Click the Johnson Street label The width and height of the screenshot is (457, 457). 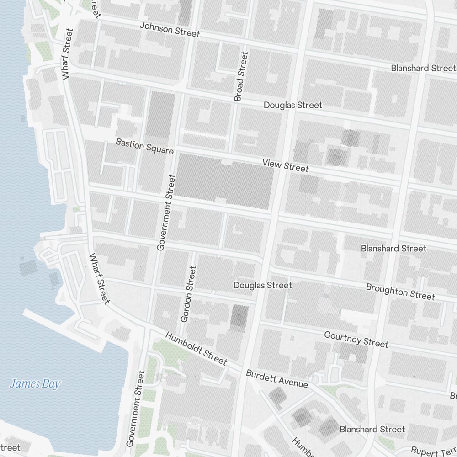(x=170, y=30)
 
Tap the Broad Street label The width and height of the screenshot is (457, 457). (x=241, y=76)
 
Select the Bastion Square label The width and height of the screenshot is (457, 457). (x=144, y=146)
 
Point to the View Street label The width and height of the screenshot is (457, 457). (x=285, y=165)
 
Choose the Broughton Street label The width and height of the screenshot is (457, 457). (x=400, y=292)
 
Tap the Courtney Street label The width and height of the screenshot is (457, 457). (x=356, y=339)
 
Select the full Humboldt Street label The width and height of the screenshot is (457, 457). (x=196, y=349)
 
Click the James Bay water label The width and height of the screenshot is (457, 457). (x=35, y=384)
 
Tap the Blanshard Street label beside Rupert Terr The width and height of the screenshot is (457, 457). (x=372, y=429)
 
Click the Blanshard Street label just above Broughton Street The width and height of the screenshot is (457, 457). (x=393, y=249)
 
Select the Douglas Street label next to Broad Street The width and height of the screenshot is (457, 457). (x=292, y=105)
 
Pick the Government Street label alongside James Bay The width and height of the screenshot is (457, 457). (x=136, y=408)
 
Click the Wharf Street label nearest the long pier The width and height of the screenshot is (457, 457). (x=99, y=278)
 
